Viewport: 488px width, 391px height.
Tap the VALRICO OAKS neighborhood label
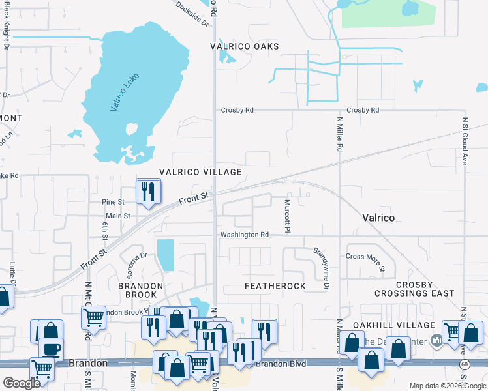[x=245, y=46]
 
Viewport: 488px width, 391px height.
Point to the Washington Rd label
[x=244, y=235]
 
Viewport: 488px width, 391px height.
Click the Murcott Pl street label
[x=286, y=214]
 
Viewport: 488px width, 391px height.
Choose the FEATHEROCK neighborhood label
[x=275, y=287]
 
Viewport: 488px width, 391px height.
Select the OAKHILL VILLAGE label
[x=403, y=325]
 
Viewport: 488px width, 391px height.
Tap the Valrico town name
[x=378, y=218]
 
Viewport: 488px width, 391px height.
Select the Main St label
[x=118, y=216]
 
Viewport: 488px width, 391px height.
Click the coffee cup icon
[x=52, y=349]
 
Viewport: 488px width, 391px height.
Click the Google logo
[x=22, y=383]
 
